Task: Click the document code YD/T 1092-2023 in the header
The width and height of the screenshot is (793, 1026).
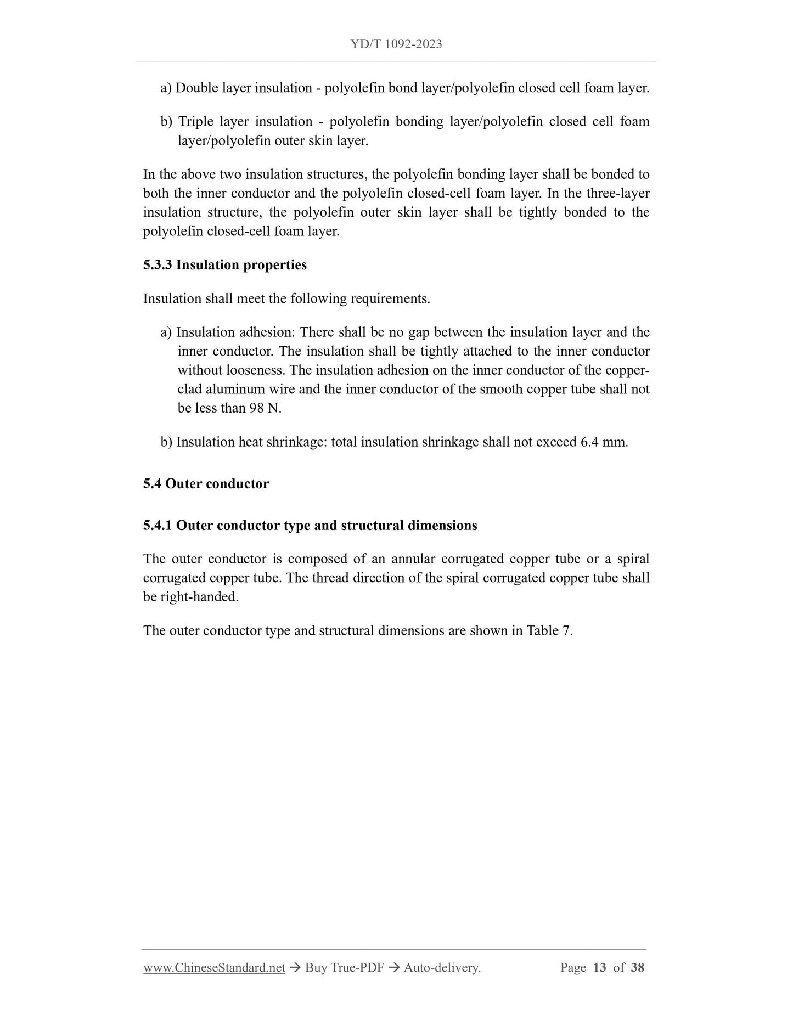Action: pyautogui.click(x=396, y=44)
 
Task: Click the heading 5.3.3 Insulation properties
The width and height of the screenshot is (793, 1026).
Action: pyautogui.click(x=225, y=265)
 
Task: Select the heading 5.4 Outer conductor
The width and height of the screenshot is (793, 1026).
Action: pyautogui.click(x=206, y=484)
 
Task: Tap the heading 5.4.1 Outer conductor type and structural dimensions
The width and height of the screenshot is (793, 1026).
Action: pyautogui.click(x=310, y=526)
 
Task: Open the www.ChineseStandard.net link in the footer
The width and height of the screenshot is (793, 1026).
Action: pyautogui.click(x=214, y=968)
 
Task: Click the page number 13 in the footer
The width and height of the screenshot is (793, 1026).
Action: pyautogui.click(x=599, y=968)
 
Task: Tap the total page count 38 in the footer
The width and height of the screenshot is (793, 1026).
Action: pyautogui.click(x=637, y=968)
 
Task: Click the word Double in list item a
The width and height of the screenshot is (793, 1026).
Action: pyautogui.click(x=196, y=88)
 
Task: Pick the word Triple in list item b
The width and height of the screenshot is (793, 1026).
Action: pyautogui.click(x=195, y=122)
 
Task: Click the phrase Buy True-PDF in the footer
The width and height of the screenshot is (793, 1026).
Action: pyautogui.click(x=344, y=968)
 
